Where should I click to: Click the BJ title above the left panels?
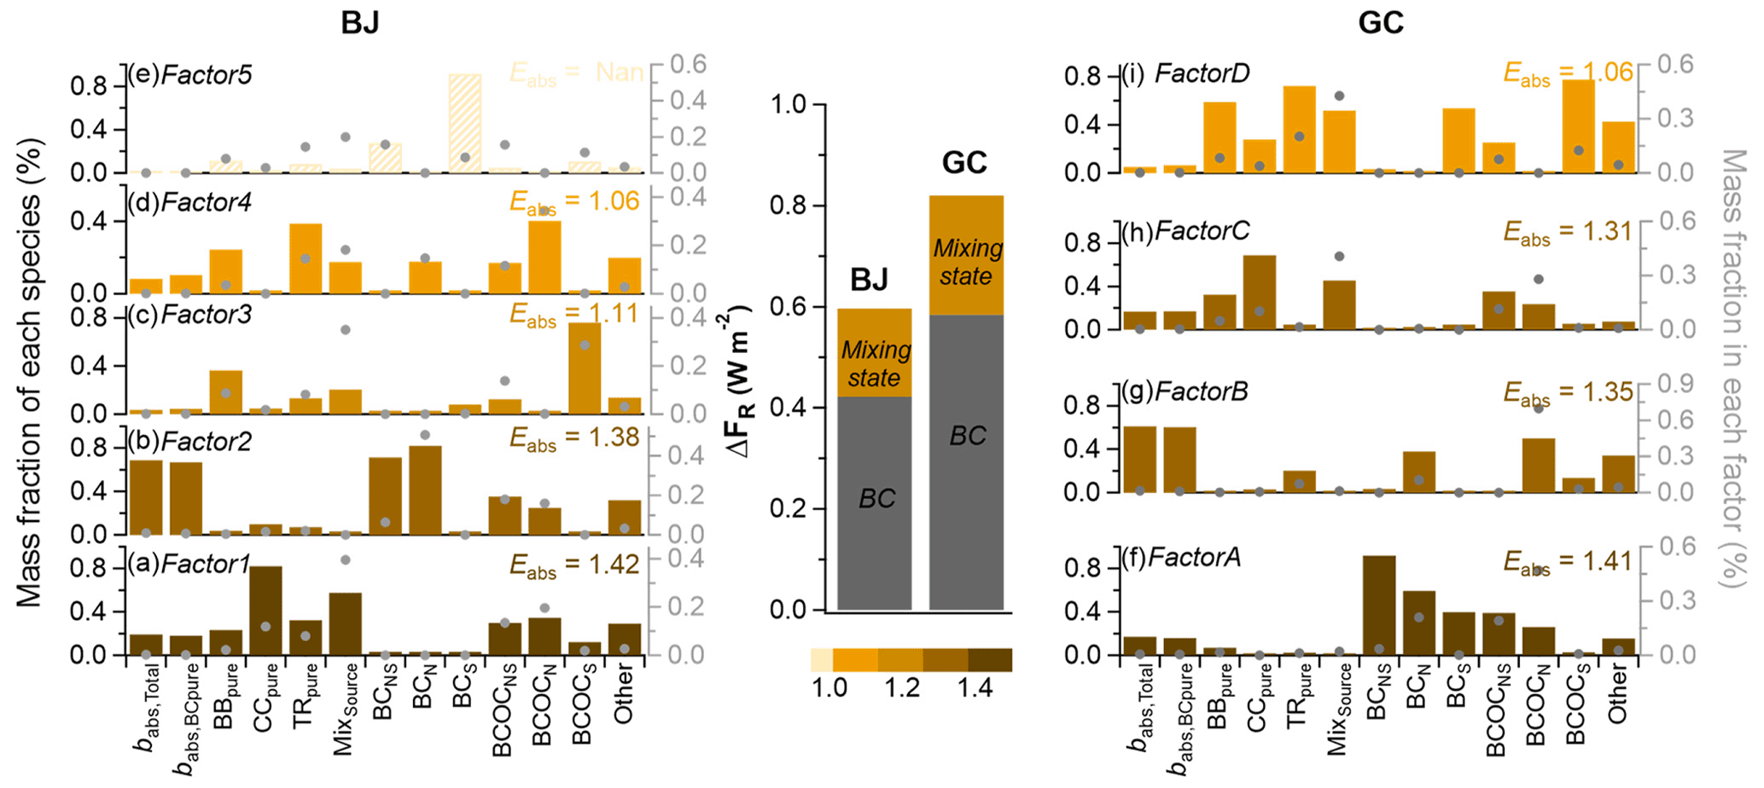[359, 22]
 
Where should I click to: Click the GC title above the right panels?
[1380, 22]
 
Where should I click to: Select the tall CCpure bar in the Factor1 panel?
[266, 611]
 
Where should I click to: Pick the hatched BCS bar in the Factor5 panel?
[465, 124]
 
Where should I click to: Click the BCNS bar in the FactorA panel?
[1378, 605]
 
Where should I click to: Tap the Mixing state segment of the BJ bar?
[874, 353]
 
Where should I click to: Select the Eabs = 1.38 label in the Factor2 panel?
[574, 438]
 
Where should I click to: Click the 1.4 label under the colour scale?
[974, 688]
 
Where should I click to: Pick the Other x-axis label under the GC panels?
[1617, 695]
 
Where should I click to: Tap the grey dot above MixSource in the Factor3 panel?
[345, 330]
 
